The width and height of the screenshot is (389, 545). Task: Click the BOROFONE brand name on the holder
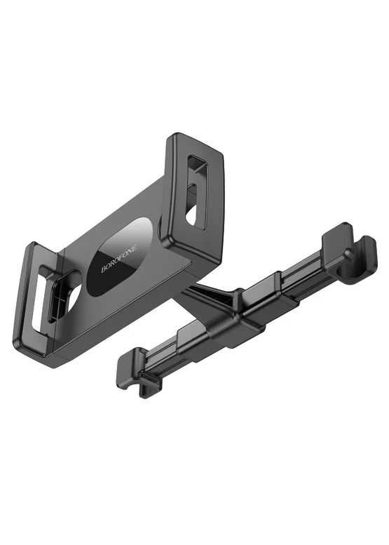(x=119, y=259)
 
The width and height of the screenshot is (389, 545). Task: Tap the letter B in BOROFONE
(x=103, y=271)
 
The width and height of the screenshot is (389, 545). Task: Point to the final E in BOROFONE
(x=136, y=246)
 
